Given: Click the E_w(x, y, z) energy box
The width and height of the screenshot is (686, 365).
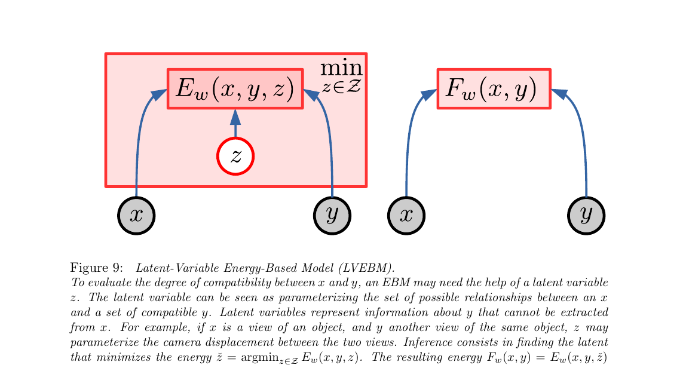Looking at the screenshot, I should click(x=235, y=89).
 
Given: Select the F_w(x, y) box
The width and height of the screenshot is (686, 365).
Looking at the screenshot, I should click(x=494, y=89).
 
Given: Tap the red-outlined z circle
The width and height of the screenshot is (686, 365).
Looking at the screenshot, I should click(x=235, y=156).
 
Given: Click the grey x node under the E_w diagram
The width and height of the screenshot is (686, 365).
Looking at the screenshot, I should click(x=136, y=215).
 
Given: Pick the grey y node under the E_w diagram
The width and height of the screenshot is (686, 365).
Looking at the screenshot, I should click(x=332, y=215).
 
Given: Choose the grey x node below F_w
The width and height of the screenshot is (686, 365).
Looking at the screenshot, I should click(x=406, y=215).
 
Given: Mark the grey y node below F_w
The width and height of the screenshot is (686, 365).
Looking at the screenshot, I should click(x=586, y=215).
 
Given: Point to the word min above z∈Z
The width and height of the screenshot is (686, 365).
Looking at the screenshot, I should click(x=341, y=68).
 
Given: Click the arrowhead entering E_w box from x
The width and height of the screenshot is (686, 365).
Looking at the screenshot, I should click(x=160, y=94).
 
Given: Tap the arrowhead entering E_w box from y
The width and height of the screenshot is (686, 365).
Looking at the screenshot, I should click(x=311, y=94).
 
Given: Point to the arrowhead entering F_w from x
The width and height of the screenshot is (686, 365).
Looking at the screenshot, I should click(x=430, y=94).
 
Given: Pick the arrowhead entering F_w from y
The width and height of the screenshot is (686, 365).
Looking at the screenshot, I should click(x=558, y=94).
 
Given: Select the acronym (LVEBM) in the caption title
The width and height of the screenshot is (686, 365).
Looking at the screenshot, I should click(x=371, y=267).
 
